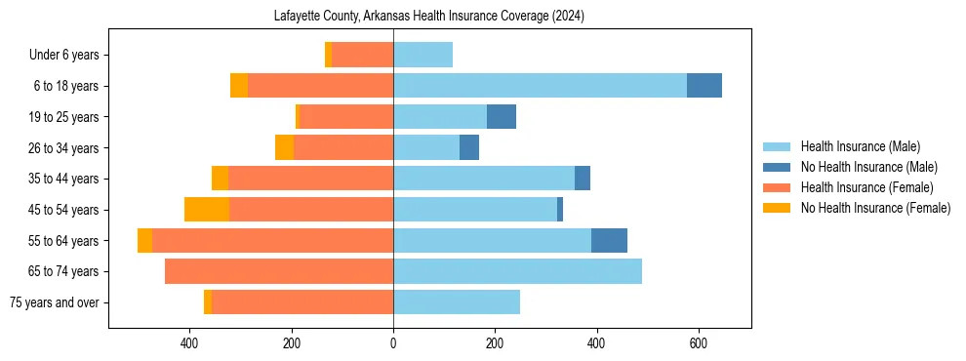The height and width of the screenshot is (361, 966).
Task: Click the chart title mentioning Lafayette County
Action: point(429,16)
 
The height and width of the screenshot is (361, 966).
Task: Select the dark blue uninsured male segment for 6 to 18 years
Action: point(704,86)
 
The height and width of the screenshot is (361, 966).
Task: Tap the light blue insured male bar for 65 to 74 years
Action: point(517,271)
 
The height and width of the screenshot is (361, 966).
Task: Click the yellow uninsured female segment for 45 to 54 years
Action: point(207,210)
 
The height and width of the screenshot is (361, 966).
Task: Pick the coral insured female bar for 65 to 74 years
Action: point(279,271)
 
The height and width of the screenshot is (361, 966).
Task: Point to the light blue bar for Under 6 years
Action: point(423,55)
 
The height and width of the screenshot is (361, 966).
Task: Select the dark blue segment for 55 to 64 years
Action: point(609,240)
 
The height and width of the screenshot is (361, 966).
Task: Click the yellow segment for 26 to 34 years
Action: point(284,147)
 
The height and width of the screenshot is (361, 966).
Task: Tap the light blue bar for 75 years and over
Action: point(457,302)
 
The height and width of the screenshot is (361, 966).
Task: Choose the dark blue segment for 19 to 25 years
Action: point(502,117)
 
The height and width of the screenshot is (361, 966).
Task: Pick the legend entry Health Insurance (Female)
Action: point(866,187)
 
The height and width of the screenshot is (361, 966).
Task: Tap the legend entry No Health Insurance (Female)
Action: point(875,208)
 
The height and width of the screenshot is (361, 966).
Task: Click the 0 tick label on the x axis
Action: point(393,343)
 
